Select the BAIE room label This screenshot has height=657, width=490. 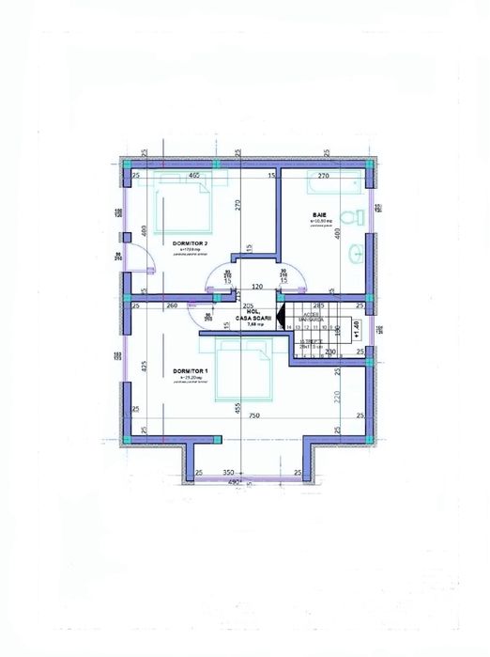click(x=320, y=215)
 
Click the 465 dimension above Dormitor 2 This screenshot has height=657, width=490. click(x=194, y=175)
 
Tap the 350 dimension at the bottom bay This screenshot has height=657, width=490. click(x=227, y=471)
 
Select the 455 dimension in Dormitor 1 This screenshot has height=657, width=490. click(x=238, y=409)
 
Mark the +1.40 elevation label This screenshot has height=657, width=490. click(x=356, y=326)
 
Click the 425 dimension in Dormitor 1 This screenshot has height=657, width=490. click(x=144, y=366)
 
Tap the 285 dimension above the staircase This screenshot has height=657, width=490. click(x=318, y=305)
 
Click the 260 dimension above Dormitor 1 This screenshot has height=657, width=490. click(x=172, y=305)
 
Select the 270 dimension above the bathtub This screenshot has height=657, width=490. click(x=323, y=175)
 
